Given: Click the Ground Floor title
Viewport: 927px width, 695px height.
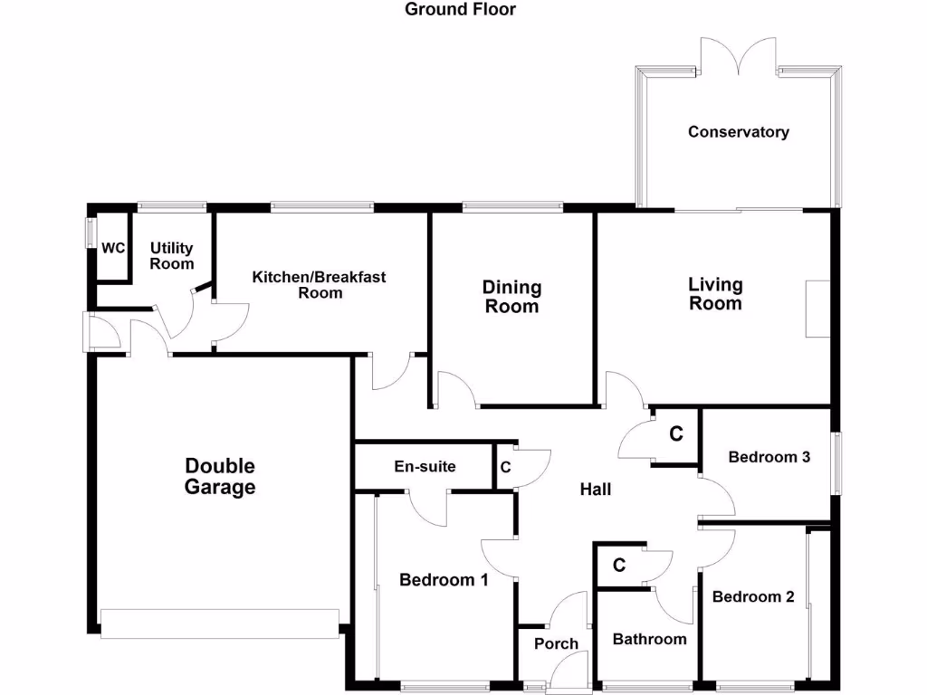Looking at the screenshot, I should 460,10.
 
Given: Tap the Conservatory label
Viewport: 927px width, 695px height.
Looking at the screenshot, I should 738,132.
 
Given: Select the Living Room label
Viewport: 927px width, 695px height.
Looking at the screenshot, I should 715,294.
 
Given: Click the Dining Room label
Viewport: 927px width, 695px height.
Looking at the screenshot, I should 511,297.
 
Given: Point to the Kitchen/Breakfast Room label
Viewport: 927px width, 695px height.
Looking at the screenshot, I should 319,284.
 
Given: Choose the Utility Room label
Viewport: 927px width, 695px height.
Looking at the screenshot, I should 172,256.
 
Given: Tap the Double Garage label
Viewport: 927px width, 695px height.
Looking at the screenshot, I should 220,477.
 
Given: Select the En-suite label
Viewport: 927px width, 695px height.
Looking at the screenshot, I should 425,467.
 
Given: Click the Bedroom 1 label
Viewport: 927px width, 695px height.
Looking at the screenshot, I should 444,580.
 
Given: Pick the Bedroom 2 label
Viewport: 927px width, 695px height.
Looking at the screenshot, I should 752,597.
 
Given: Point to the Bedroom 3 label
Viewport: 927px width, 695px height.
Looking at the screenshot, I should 769,457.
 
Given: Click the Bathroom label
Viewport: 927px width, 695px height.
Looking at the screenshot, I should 649,640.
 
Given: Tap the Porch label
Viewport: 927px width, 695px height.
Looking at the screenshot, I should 556,644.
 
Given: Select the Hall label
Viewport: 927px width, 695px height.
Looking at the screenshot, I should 595,490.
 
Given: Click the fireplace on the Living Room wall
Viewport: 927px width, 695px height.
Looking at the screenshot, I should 817,309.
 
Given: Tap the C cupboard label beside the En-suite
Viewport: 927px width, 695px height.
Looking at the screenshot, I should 505,468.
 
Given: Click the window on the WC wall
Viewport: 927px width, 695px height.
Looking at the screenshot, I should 90,232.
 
